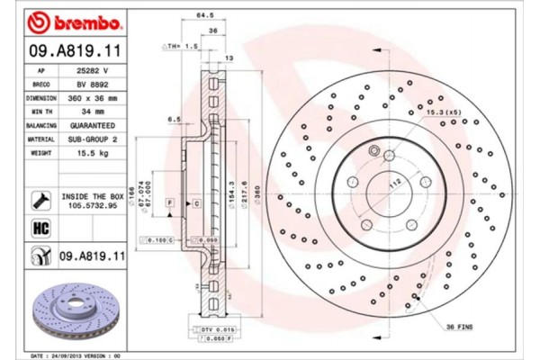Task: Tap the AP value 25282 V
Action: click(x=94, y=69)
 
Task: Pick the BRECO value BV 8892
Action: click(x=94, y=83)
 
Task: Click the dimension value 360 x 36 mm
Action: click(x=94, y=97)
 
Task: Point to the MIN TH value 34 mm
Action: click(x=94, y=112)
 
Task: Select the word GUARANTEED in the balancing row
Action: click(x=94, y=126)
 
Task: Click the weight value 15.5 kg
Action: click(x=94, y=154)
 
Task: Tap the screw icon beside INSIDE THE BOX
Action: click(x=40, y=199)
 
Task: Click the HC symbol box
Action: click(x=40, y=229)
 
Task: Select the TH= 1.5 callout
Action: click(x=184, y=45)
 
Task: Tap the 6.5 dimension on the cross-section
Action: click(x=175, y=118)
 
